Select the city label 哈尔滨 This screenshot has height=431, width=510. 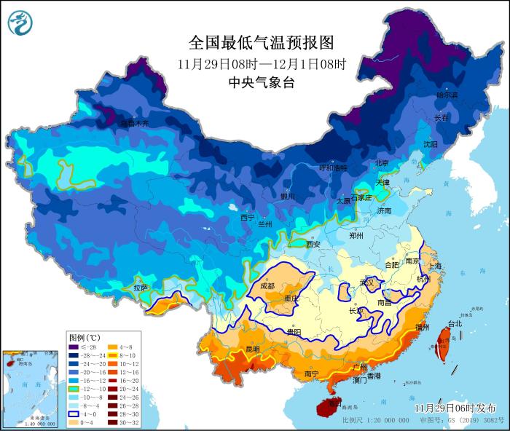(x=447, y=95)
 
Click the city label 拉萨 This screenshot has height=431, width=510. (x=141, y=288)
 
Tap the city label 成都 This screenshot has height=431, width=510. (x=268, y=286)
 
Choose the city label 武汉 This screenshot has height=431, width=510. (x=368, y=282)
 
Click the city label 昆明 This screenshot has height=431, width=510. (x=252, y=349)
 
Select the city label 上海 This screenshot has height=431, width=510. (x=435, y=266)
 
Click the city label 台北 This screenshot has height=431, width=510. (x=454, y=323)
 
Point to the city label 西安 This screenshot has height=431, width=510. (x=313, y=245)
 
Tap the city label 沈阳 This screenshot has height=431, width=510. (x=431, y=144)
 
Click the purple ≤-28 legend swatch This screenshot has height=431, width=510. (x=74, y=348)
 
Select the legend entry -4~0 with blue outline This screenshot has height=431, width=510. (x=74, y=414)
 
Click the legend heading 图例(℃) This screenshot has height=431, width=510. (x=85, y=338)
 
